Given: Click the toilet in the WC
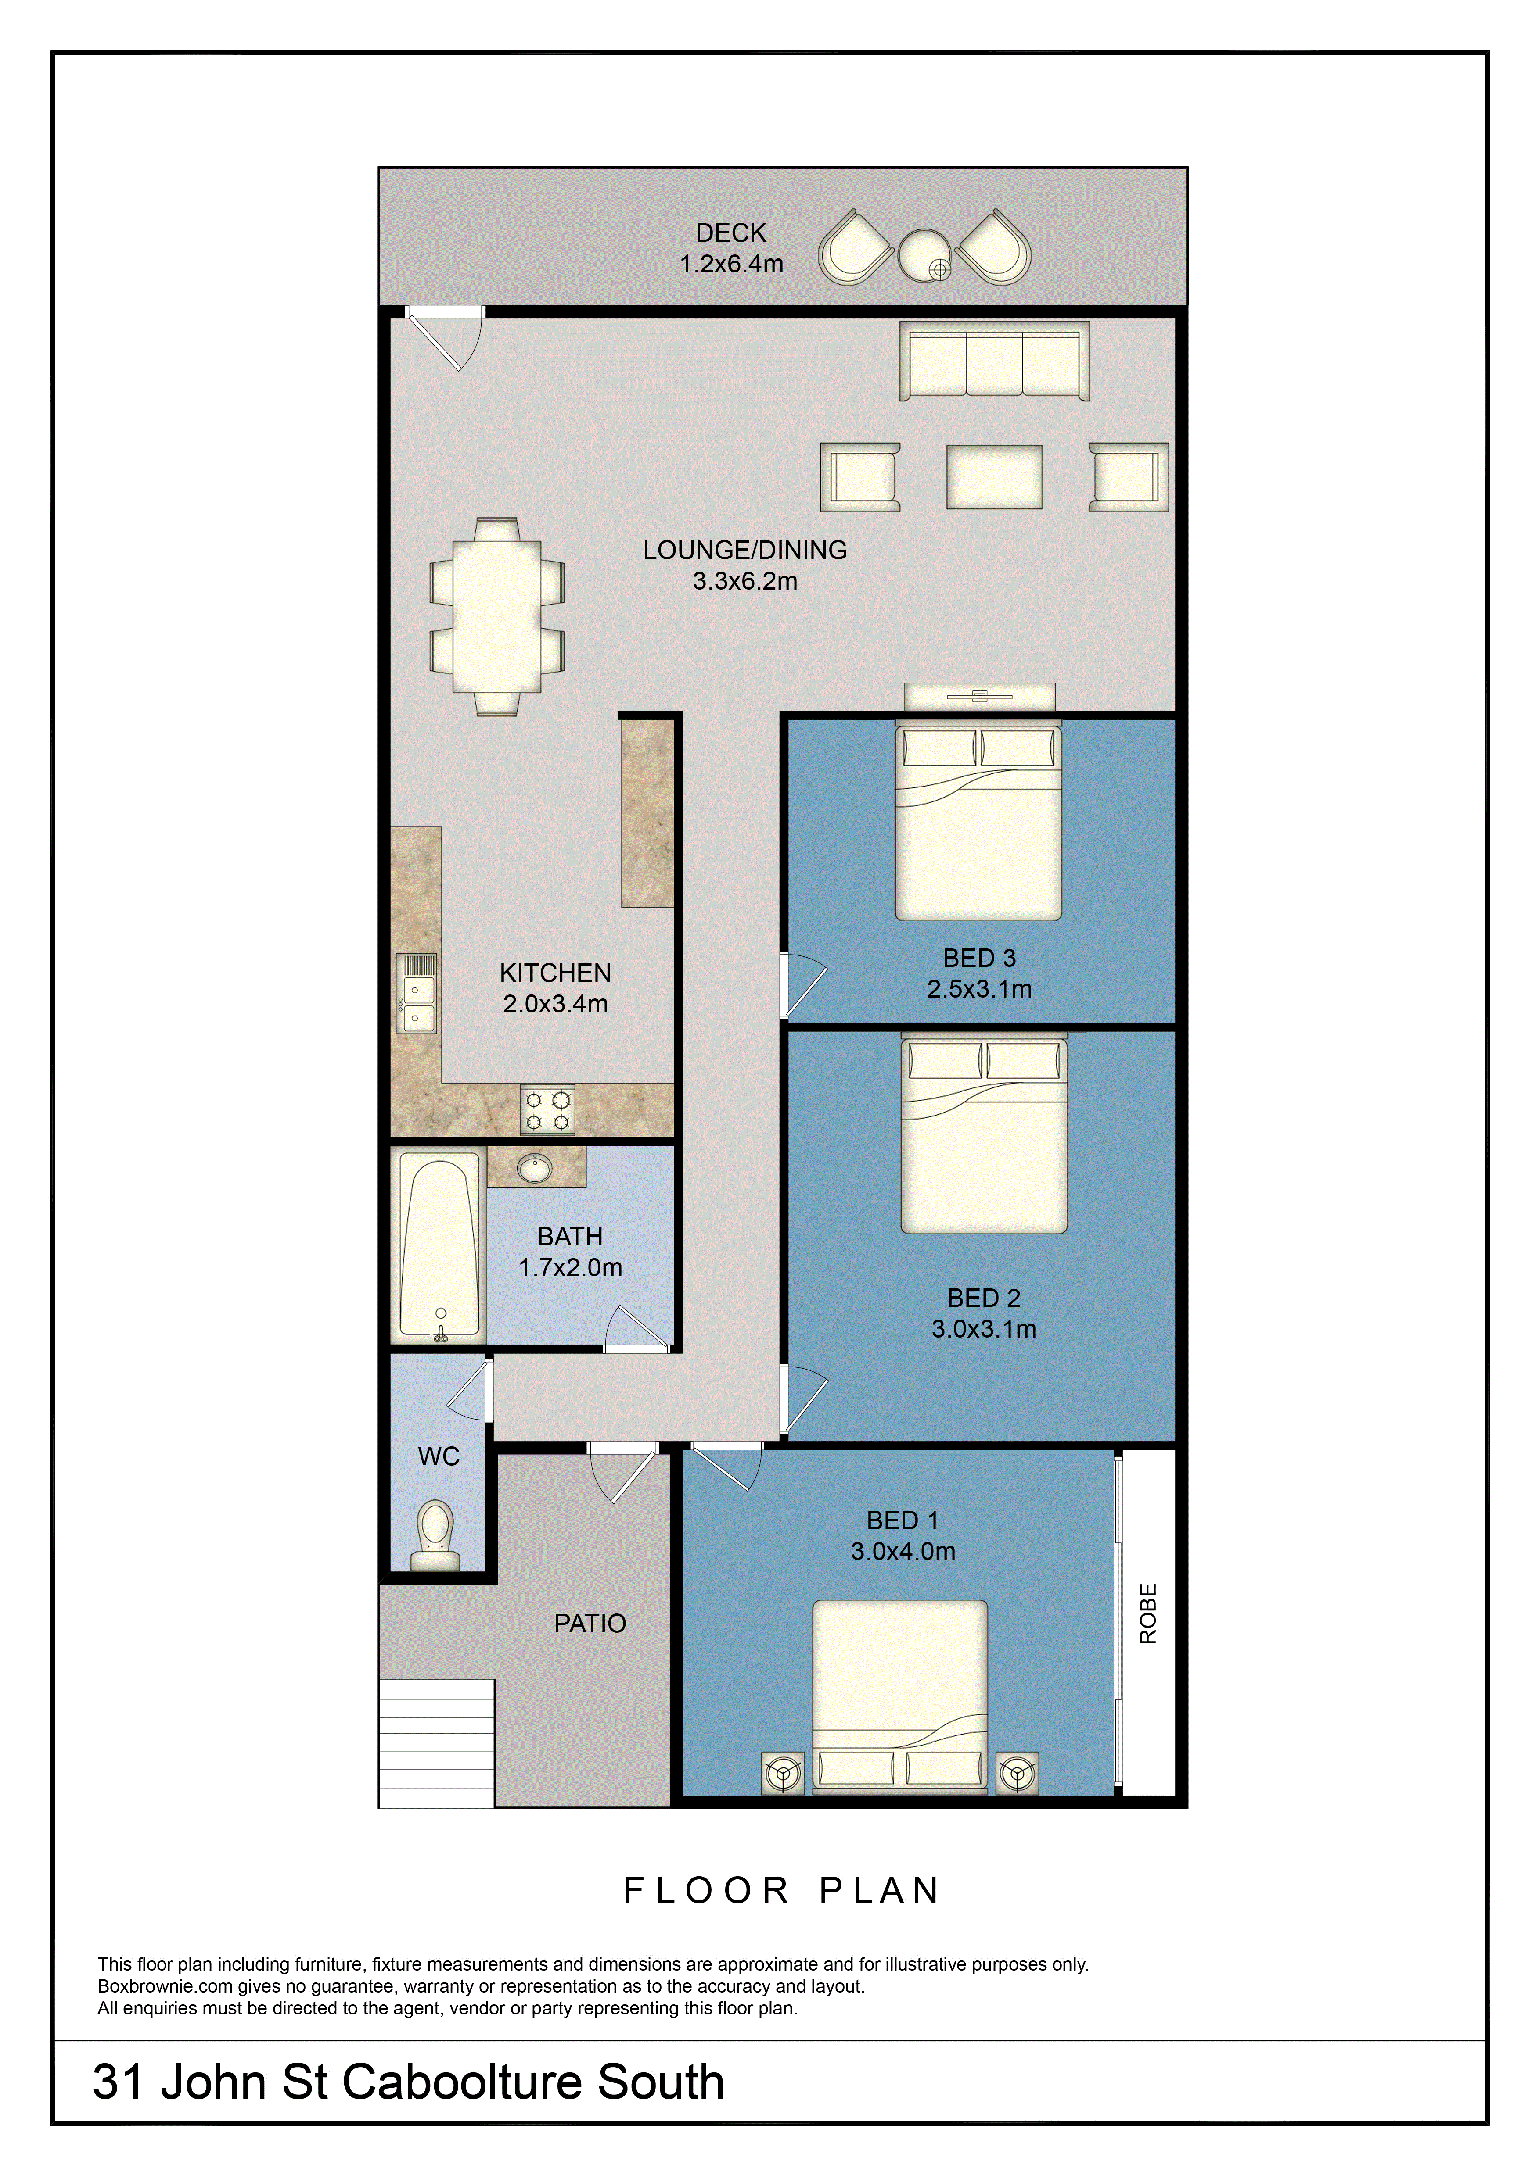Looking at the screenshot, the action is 436,1535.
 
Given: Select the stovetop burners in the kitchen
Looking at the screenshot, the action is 548,1110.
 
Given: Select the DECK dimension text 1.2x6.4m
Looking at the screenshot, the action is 732,264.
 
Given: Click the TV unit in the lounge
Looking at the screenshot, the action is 980,696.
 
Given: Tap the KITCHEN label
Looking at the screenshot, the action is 555,973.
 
